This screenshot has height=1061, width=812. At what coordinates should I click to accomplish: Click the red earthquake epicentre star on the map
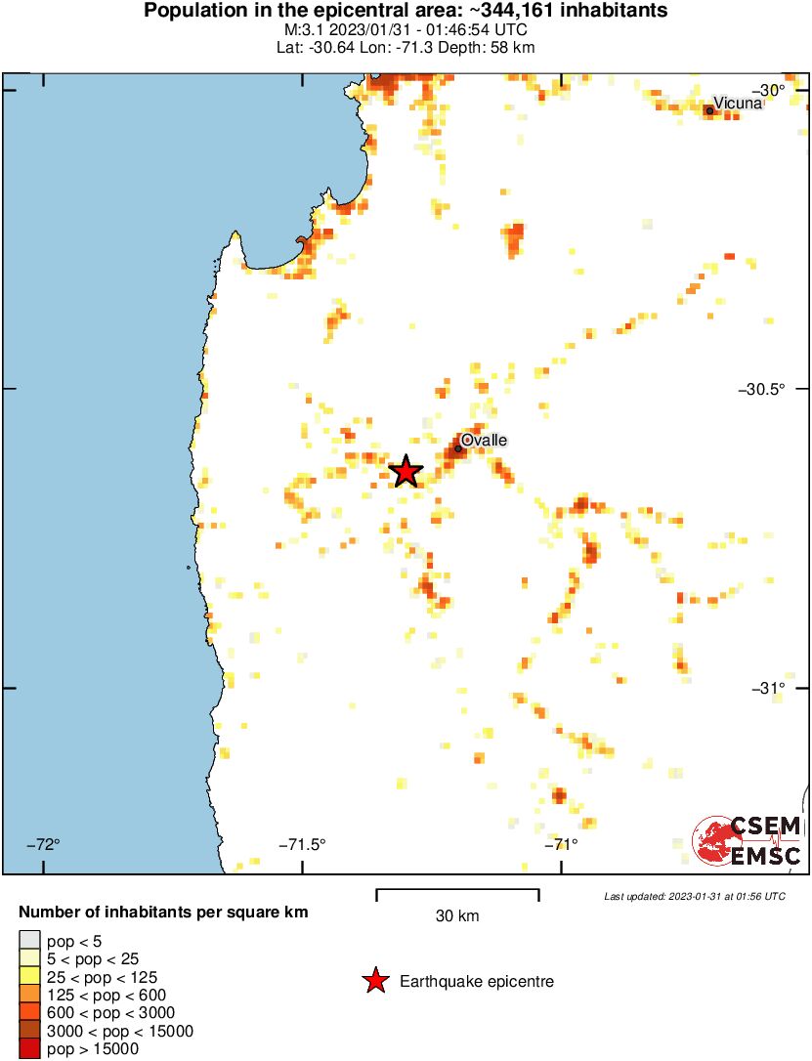click(406, 471)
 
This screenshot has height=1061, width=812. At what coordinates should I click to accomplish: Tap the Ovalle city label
click(484, 441)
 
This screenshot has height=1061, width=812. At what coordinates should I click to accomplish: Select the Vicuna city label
click(737, 103)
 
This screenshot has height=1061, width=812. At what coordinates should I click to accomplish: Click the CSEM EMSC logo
click(748, 841)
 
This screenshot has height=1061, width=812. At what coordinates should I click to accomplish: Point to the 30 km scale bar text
click(457, 916)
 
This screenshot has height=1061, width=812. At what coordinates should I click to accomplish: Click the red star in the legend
click(375, 982)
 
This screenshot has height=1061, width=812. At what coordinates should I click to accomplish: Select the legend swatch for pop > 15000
click(29, 1049)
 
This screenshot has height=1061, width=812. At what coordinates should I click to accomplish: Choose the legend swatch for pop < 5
click(29, 941)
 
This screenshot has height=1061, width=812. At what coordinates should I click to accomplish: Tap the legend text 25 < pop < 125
click(102, 977)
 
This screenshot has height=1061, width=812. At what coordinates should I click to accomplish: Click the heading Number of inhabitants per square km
click(164, 912)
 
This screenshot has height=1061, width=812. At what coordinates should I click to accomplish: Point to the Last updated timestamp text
click(694, 896)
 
